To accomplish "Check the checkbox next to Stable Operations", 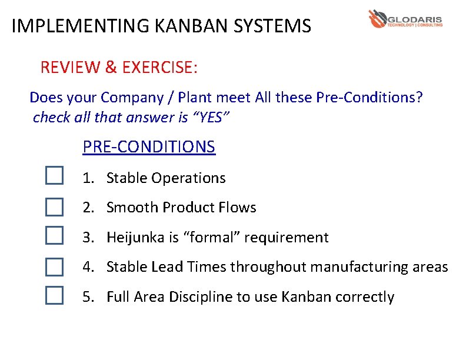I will [54, 175].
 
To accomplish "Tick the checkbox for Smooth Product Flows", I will [54, 206].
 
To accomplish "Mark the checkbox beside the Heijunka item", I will [54, 236].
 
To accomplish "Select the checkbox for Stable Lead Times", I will [54, 267].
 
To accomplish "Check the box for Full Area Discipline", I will [54, 295].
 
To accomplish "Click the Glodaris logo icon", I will [377, 18].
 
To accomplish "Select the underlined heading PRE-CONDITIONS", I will [149, 146].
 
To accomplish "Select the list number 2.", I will [87, 208].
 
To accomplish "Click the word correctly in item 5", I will [364, 297].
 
